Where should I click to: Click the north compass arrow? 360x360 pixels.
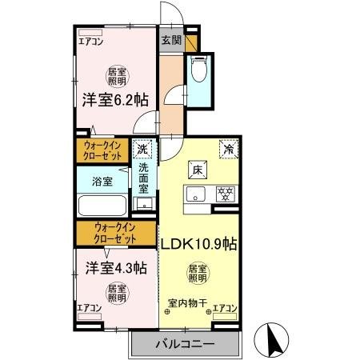pos(272,340)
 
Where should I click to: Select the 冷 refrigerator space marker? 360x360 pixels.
pos(227,149)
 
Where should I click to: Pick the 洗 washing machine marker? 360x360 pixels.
pos(142,149)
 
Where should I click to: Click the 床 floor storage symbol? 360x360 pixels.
pos(197,169)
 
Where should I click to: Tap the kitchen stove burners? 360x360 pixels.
pos(226,194)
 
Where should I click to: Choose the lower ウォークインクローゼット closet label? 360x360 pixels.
pos(114,234)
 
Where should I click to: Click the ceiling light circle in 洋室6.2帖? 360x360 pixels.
pos(116,76)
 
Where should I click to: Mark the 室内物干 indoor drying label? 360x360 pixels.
pos(188,303)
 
